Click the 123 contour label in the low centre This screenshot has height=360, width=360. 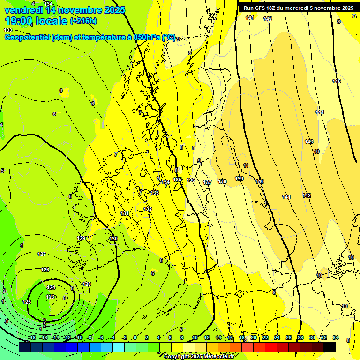[50, 297]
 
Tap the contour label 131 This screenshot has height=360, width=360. [125, 213]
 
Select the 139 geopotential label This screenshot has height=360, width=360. [239, 179]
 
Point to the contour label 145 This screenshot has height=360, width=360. [337, 82]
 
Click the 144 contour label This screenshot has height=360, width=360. [320, 112]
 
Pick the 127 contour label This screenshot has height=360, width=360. [42, 254]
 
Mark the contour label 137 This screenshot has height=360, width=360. [207, 182]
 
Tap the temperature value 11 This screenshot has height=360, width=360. [246, 165]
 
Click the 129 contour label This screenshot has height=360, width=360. [81, 239]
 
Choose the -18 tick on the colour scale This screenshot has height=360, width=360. [32, 338]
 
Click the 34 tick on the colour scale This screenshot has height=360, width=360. [335, 338]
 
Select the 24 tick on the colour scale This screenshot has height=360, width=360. [277, 338]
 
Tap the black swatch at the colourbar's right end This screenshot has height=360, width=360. [330, 347]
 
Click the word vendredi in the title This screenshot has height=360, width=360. [24, 9]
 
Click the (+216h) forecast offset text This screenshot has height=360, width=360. [83, 21]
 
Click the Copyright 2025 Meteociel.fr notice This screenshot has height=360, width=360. [199, 357]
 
